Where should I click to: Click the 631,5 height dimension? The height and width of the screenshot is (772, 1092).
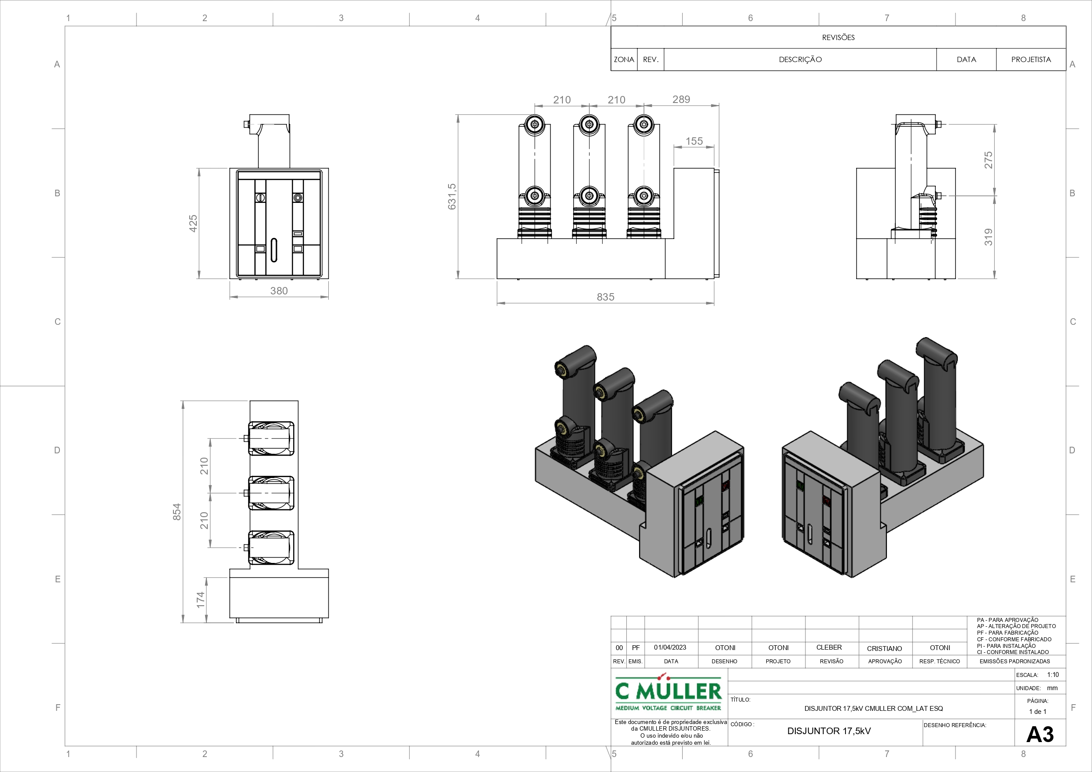tap(452, 196)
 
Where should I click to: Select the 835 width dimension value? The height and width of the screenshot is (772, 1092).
tap(606, 297)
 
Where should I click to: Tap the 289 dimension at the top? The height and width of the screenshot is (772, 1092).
tap(681, 99)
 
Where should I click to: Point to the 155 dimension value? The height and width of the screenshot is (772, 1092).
tap(694, 141)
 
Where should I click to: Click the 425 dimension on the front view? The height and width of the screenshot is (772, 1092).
tap(193, 224)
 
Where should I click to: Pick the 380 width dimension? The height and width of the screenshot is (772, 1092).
tap(279, 290)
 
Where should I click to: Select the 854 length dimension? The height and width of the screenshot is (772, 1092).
tap(177, 512)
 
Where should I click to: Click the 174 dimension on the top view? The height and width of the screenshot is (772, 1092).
tap(201, 600)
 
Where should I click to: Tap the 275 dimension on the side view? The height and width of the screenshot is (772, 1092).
tap(989, 160)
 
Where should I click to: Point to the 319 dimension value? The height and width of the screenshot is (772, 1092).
tap(989, 237)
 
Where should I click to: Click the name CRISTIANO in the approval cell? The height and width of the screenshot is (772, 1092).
tap(884, 648)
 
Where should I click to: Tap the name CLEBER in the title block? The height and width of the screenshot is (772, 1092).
tap(829, 647)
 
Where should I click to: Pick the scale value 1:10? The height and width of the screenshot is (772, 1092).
tap(1052, 674)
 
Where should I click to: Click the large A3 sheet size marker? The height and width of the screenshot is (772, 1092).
tap(1040, 735)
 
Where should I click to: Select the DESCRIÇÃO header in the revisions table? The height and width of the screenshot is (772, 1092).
tap(800, 59)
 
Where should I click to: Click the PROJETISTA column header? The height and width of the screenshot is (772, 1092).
tap(1031, 59)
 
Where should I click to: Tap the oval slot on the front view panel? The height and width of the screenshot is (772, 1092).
tap(274, 250)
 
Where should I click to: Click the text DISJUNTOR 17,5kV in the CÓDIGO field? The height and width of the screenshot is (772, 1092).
tap(828, 731)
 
